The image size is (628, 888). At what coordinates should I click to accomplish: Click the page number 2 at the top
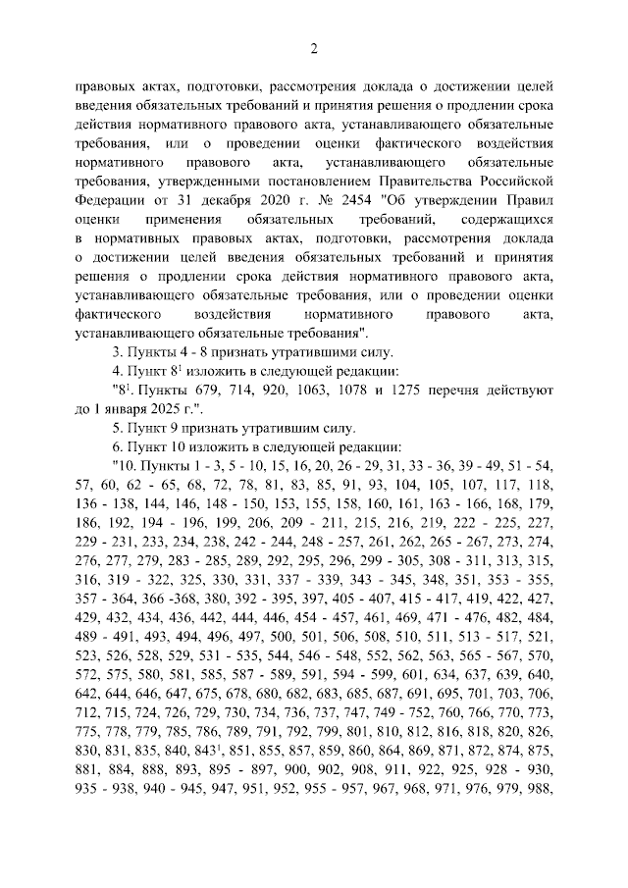coord(314,50)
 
